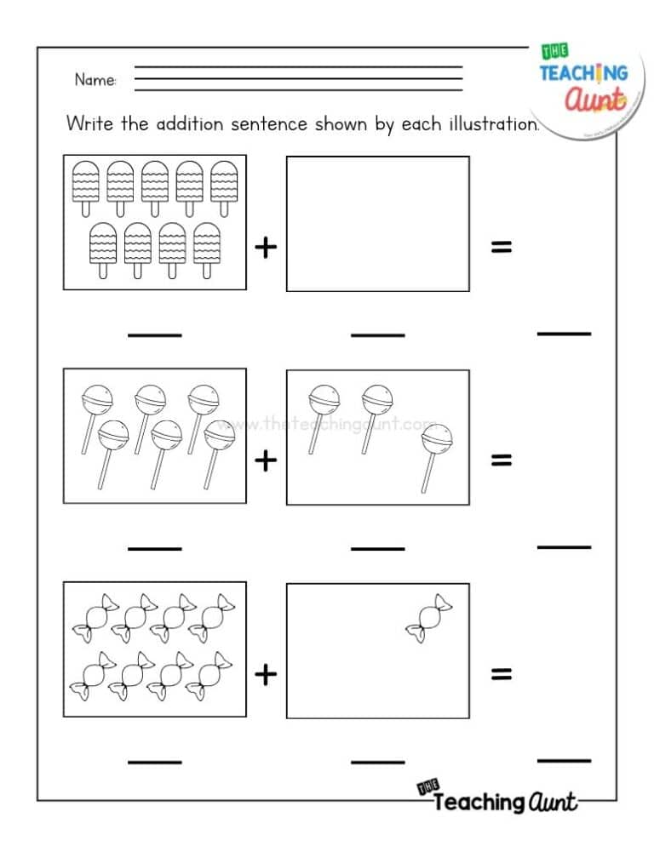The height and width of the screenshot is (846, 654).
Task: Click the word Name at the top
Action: coord(95,80)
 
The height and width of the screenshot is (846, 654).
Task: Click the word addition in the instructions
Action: coord(189,123)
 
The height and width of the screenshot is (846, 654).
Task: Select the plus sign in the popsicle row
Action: coord(267,247)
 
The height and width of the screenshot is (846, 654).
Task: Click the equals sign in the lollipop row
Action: coord(502,460)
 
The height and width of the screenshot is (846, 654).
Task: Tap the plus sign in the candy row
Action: coord(267,674)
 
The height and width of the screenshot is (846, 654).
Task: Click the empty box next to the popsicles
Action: coord(377,223)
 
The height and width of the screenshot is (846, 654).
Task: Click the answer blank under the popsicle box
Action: coord(154,334)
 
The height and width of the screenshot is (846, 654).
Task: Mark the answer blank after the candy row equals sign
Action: coord(564,758)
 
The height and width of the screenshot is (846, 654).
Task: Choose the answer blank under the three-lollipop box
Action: coord(377,548)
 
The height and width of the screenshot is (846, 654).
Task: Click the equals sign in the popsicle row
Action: coord(502,247)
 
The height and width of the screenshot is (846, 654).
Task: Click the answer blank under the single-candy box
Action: coord(377,761)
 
